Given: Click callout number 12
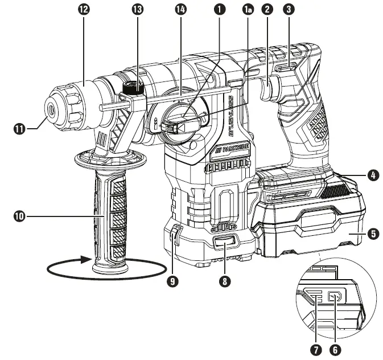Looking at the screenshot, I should click(x=84, y=11).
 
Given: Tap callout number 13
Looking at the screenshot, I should click(x=137, y=11).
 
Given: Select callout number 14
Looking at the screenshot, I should click(x=182, y=11).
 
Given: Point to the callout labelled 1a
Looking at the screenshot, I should click(x=248, y=11).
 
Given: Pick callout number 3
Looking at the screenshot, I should click(x=290, y=11).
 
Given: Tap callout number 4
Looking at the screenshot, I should click(x=373, y=176).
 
